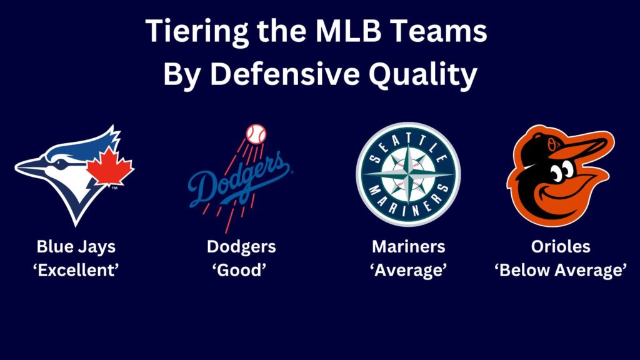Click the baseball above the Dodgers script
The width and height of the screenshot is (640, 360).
coord(256,133)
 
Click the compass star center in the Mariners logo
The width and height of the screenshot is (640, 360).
coord(408,174)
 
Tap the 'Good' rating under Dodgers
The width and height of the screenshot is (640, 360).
coord(241,271)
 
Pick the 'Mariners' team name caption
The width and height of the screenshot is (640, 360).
coord(409,246)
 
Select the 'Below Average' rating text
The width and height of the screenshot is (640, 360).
coord(561,271)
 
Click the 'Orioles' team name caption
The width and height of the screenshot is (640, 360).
coord(561,246)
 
